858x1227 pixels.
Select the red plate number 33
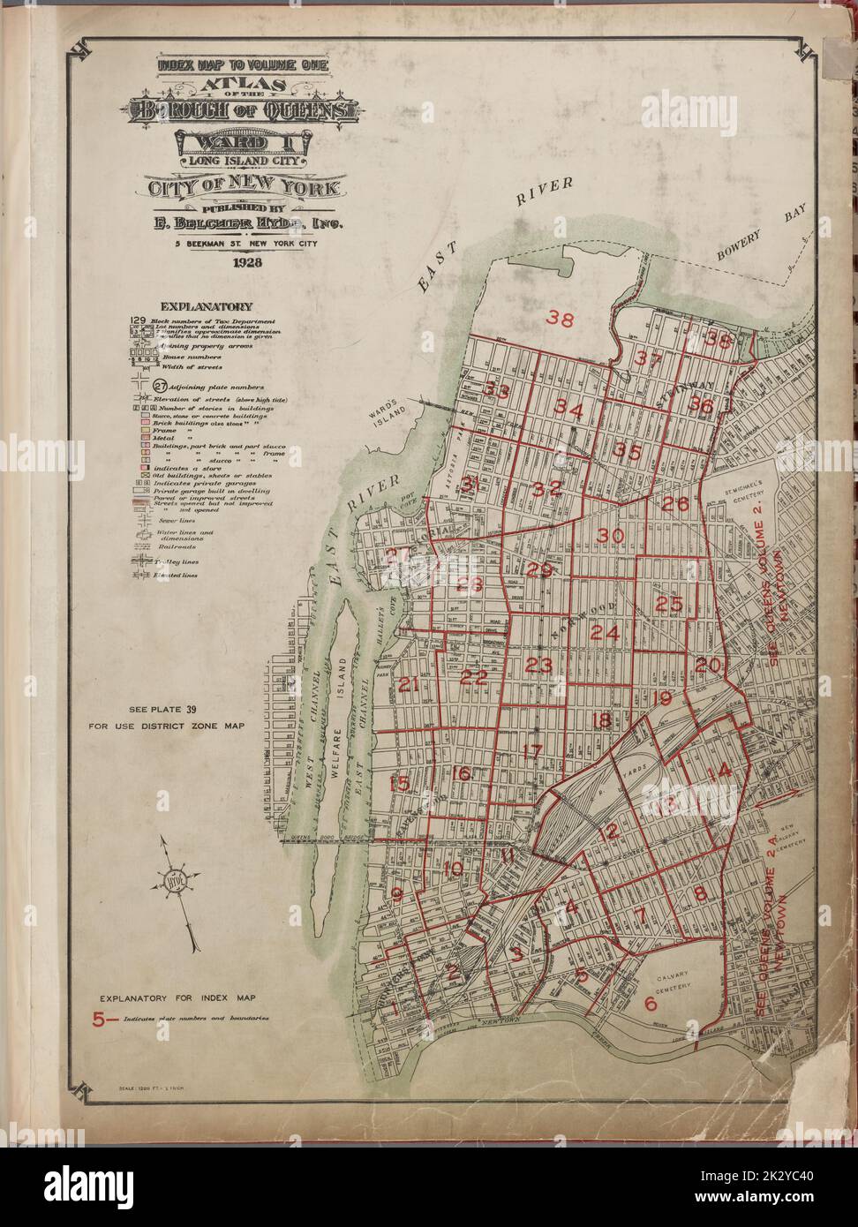pos(496,391)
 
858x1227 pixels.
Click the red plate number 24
pos(605,633)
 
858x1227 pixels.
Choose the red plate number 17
pos(531,752)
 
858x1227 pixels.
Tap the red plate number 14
pos(719,771)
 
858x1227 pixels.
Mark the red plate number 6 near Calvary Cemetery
pos(651,1003)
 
